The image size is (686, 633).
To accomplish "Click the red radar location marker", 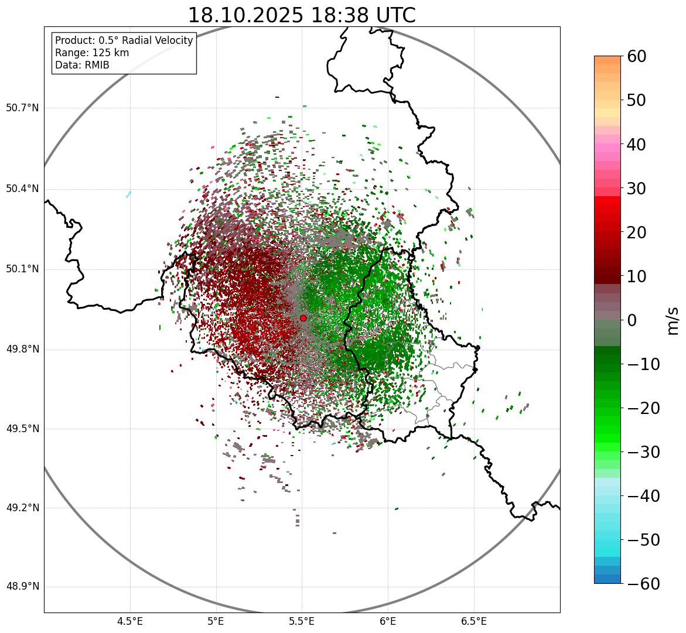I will [x=303, y=318].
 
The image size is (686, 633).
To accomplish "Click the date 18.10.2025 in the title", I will [x=245, y=16].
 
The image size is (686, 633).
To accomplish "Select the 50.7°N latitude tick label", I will [x=22, y=108].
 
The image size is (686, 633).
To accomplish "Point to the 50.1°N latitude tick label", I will [x=22, y=269].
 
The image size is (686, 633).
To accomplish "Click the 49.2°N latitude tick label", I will [x=22, y=508].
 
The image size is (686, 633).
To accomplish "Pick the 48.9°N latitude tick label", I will [x=22, y=587].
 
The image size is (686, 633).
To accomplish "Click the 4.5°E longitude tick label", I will [x=130, y=621].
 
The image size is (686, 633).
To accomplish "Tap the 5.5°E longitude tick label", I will [x=302, y=621].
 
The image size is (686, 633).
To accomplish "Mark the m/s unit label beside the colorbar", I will [x=673, y=320].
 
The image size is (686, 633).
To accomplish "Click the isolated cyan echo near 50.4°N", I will [x=128, y=194].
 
